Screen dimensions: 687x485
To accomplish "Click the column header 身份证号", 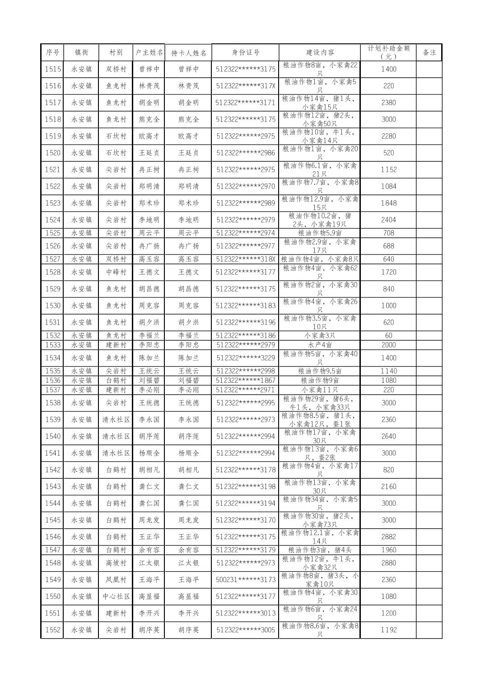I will (245, 52).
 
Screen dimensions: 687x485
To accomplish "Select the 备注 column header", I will (429, 52).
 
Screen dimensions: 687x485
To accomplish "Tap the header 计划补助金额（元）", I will (388, 52).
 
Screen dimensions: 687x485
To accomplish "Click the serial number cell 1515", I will (52, 69).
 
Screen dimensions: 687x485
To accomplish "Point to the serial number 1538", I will (52, 403).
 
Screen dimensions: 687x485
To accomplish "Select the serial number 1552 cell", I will (52, 630).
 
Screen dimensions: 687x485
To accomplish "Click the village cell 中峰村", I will (116, 272).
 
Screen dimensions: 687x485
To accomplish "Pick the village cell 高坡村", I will (116, 563).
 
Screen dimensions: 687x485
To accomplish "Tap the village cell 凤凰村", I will (116, 579).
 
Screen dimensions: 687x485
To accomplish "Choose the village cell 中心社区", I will (116, 596).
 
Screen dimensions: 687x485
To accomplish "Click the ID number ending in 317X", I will (245, 86).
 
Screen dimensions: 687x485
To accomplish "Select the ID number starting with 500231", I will (245, 579).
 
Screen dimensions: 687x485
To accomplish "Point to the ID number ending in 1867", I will (245, 381).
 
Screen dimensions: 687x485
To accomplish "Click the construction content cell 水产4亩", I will (320, 345).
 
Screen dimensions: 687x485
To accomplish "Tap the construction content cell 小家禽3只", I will (320, 336).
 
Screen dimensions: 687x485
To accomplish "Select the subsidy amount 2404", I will (388, 220).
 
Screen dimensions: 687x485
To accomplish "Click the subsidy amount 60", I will (388, 336).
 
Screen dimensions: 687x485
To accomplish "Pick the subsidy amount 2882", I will (388, 537).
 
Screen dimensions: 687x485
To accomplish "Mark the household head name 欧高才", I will (149, 136).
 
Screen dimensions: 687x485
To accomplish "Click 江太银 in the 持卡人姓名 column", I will (188, 563).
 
